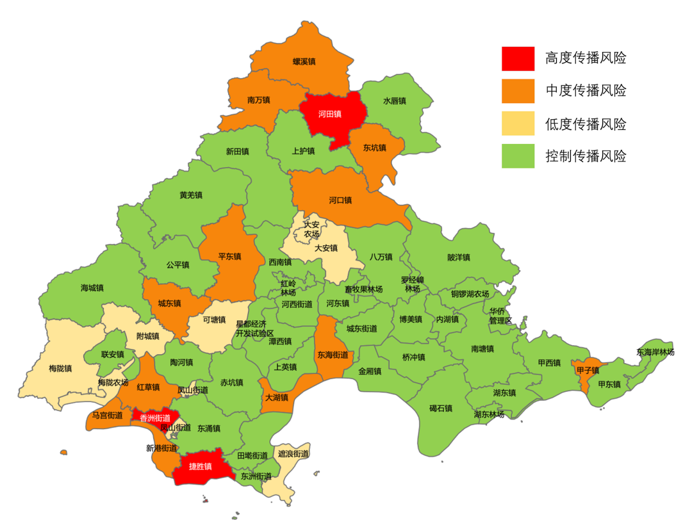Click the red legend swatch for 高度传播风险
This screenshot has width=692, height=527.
point(518,58)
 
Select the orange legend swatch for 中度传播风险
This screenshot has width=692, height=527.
point(518,91)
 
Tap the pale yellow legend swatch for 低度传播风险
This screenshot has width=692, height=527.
point(518,124)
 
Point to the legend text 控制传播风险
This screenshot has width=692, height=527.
point(586,156)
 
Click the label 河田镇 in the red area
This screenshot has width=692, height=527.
point(330,115)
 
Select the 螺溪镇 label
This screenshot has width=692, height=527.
point(304,61)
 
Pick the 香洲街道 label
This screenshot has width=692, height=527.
point(155,418)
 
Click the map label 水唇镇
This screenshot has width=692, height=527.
point(395,101)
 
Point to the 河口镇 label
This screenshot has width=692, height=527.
point(341,200)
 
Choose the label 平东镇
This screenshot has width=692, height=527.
point(229,256)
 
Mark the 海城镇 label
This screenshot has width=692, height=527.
point(92,288)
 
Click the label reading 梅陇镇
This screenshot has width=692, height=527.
point(60,368)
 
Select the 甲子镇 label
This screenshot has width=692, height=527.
point(588,370)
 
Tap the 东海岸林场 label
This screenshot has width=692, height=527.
point(655,352)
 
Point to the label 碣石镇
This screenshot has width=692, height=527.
point(441,408)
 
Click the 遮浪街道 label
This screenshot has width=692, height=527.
point(293,453)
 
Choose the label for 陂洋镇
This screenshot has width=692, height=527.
point(459,257)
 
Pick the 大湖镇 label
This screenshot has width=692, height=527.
point(277,398)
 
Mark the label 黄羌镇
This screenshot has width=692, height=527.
point(191,195)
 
